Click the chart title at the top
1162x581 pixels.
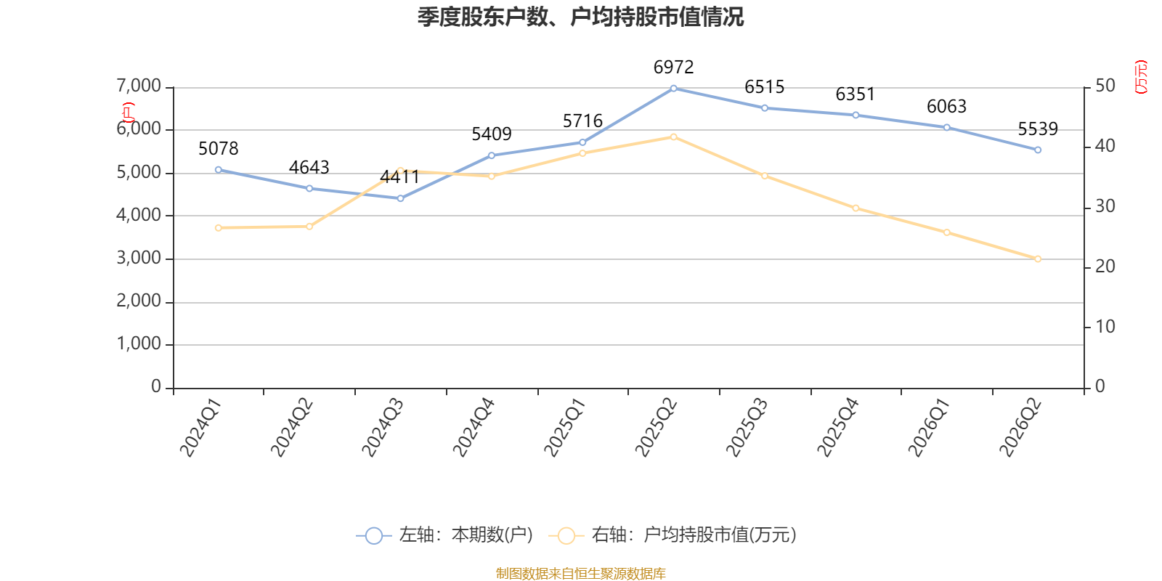tap(580, 17)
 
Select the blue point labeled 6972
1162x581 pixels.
tap(673, 89)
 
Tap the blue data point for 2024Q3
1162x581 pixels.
tap(400, 198)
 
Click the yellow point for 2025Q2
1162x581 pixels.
tap(673, 137)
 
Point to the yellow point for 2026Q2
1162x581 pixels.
tap(1038, 259)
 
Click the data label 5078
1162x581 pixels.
tap(219, 149)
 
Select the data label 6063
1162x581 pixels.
tap(947, 107)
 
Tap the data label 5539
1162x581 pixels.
tap(1038, 129)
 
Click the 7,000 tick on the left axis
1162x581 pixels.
tap(139, 86)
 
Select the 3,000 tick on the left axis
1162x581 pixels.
tap(139, 258)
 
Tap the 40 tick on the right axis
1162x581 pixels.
tap(1105, 146)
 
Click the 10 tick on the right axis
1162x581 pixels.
tap(1105, 327)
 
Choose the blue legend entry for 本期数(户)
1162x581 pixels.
tap(444, 535)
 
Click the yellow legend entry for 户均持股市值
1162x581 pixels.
tap(673, 535)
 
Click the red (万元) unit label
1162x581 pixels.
tap(1141, 77)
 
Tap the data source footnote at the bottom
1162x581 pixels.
tap(580, 573)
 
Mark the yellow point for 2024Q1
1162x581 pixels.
tap(219, 228)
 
